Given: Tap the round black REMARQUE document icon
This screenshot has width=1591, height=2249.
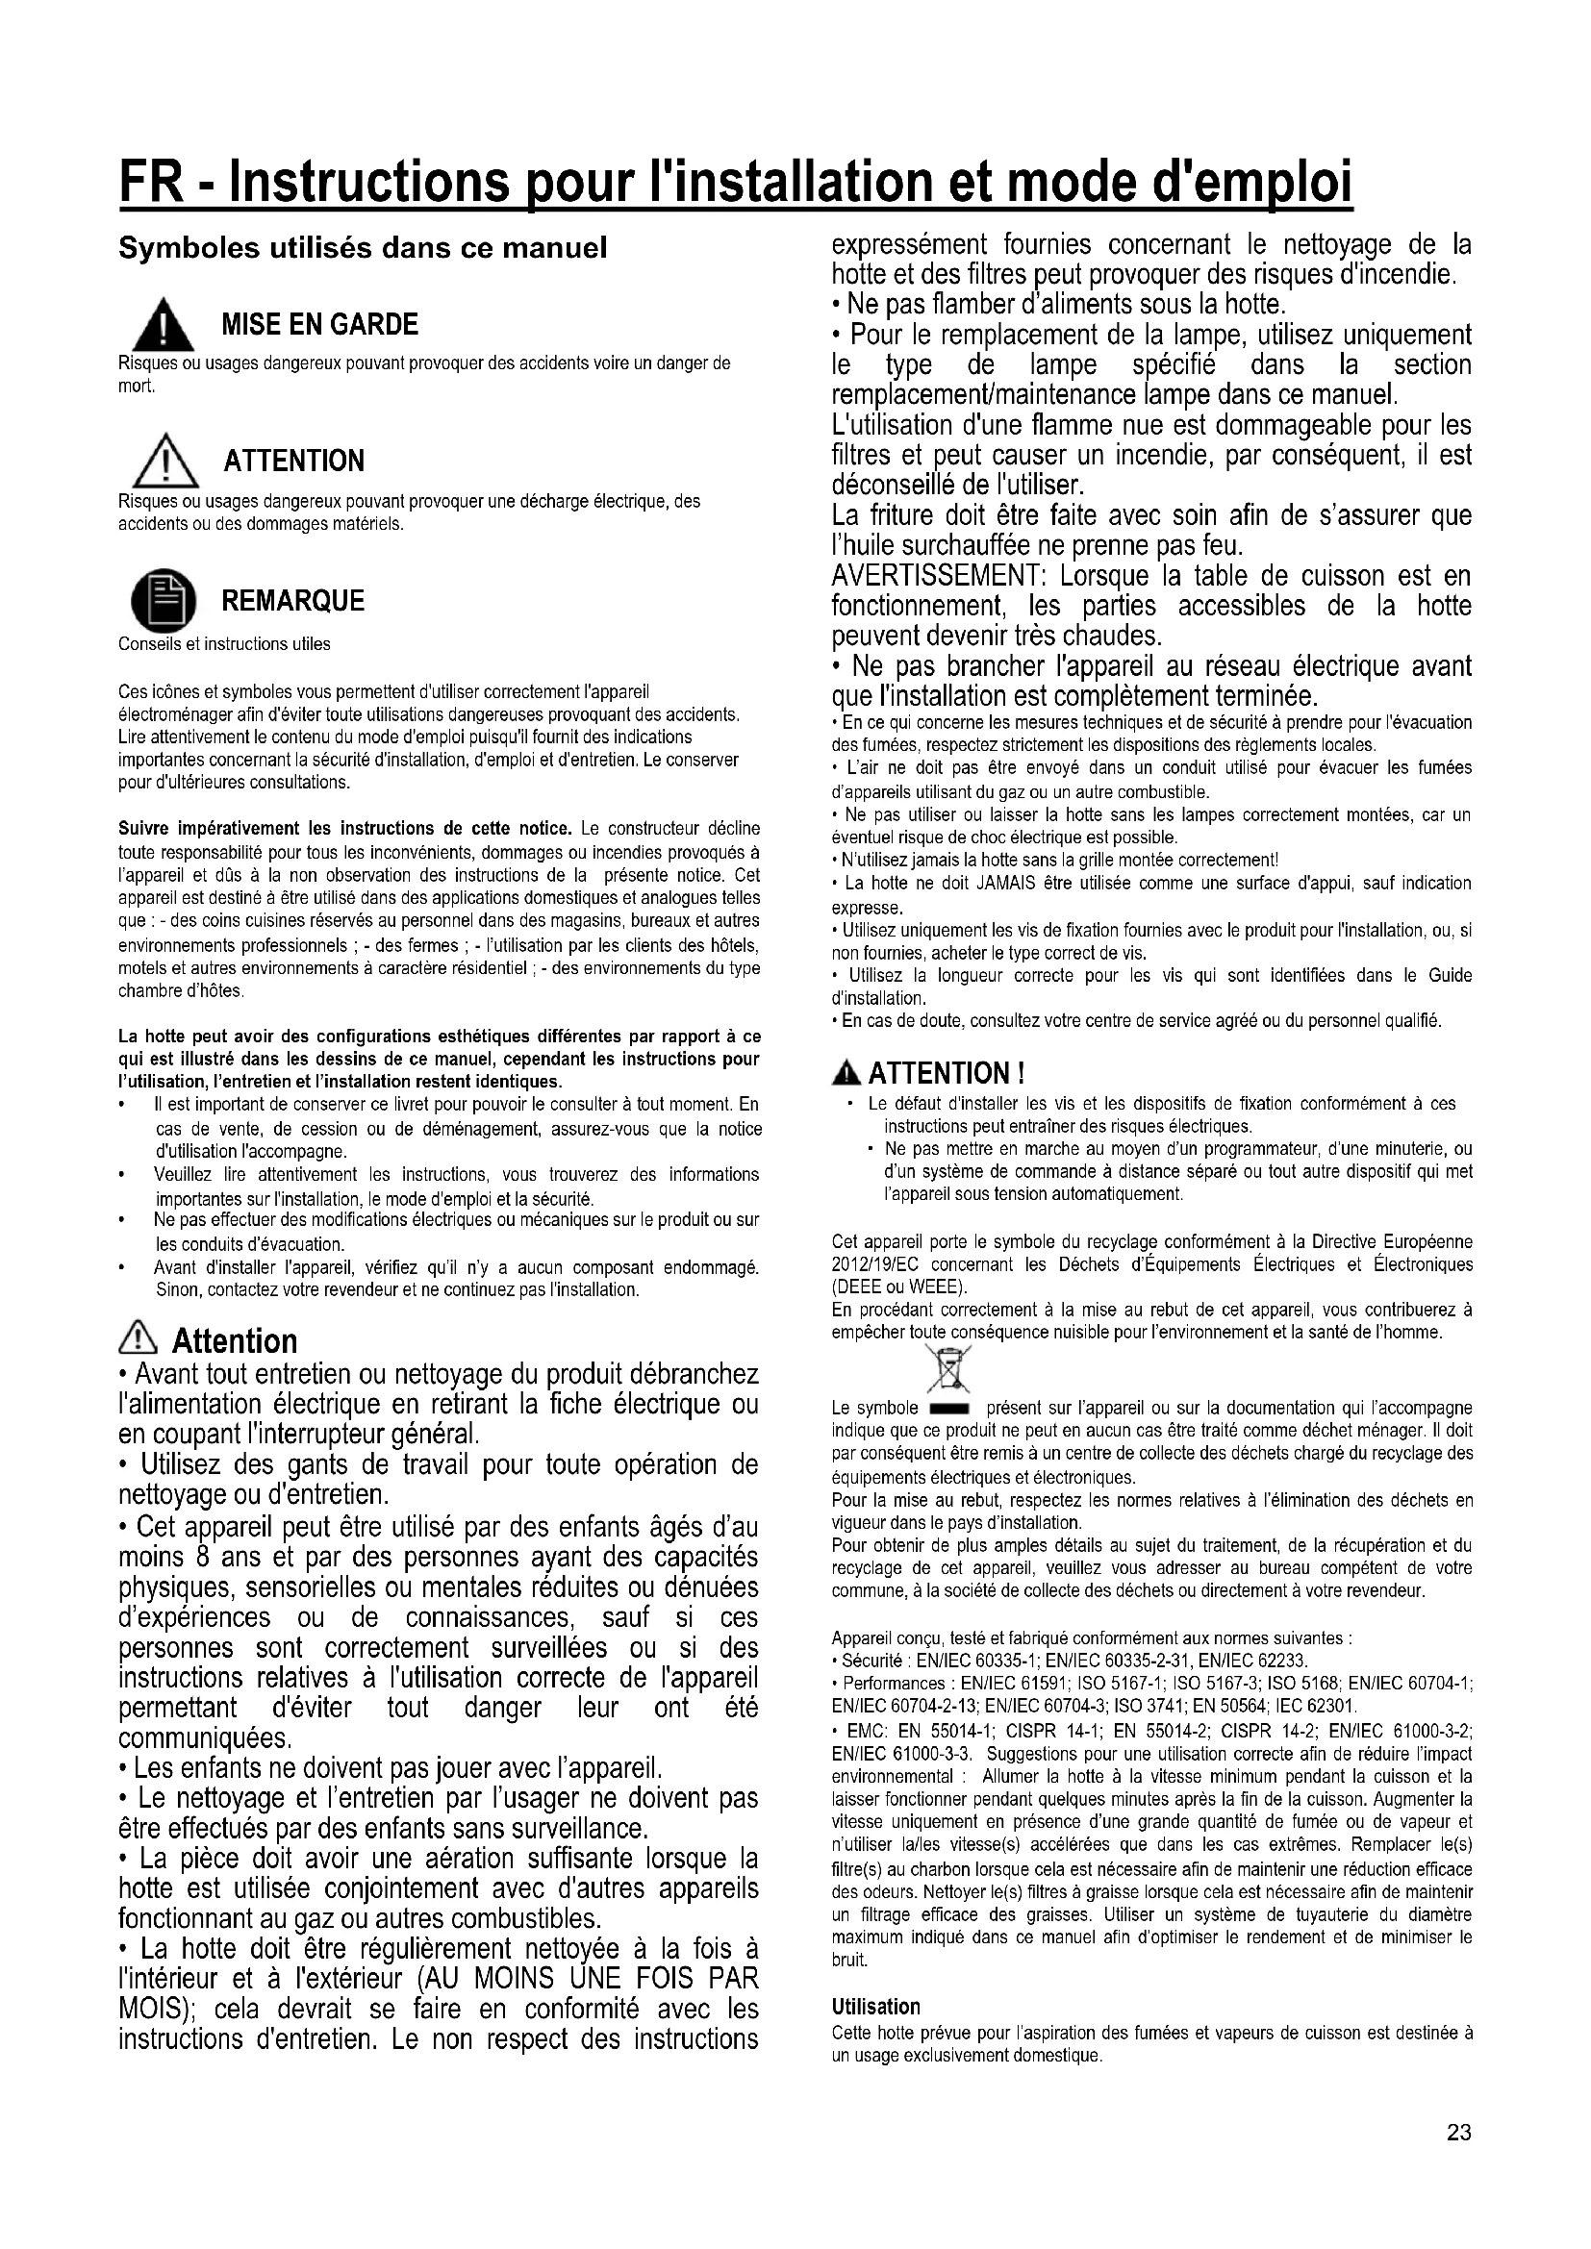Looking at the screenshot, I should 164,600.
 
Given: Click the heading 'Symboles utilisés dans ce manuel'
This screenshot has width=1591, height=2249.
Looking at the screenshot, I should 363,249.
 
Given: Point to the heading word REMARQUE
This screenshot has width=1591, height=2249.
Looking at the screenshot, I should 293,600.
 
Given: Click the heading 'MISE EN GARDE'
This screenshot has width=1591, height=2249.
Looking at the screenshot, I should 319,324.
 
